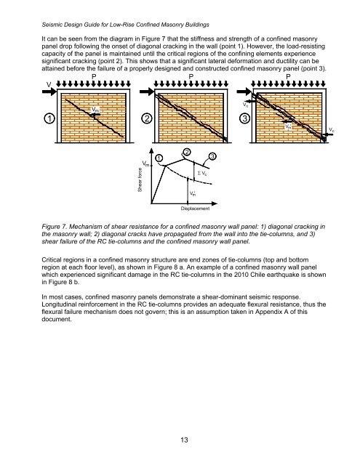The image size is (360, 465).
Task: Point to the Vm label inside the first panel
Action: click(96, 110)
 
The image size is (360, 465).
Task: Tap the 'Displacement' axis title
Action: click(196, 209)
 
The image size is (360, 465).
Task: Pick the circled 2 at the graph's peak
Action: click(187, 152)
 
